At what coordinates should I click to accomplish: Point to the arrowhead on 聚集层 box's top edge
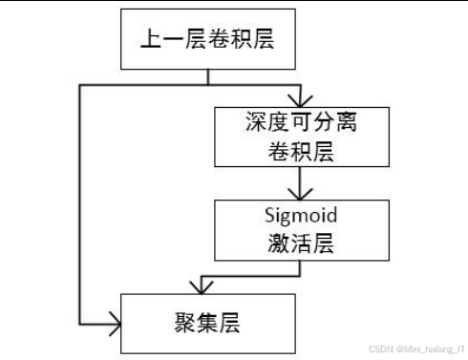(202, 288)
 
